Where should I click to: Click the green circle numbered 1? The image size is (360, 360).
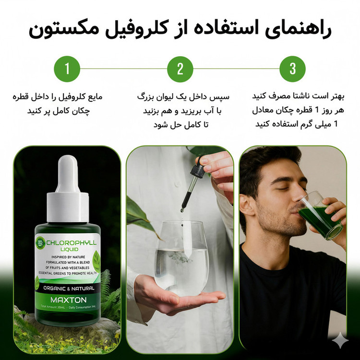point(67,69)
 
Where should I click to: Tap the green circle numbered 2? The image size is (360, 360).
point(180,69)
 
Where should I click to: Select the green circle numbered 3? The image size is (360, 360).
point(292,69)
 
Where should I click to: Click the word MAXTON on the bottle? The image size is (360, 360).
point(69,300)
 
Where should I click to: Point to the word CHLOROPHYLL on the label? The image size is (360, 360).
point(71,243)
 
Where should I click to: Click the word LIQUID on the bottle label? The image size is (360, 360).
point(69,249)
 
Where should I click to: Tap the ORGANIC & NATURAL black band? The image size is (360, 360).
point(68,288)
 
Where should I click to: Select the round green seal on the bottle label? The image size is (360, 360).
point(40,242)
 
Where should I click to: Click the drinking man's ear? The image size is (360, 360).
point(246,205)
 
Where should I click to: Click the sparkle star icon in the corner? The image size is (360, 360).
point(340,340)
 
